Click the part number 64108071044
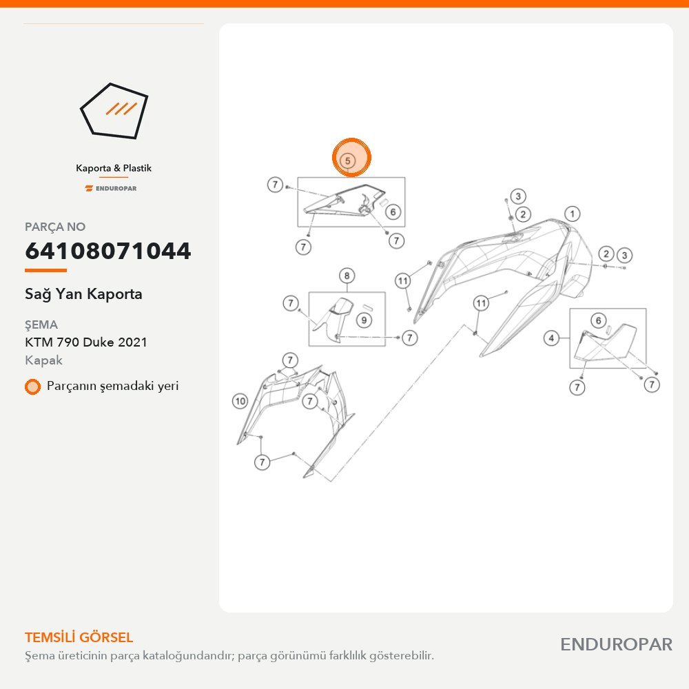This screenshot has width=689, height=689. click(107, 251)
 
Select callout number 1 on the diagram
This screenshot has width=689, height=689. click(572, 214)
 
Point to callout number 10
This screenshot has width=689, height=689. click(240, 401)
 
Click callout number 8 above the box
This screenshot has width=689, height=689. click(347, 276)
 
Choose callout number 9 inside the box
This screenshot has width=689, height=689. click(364, 320)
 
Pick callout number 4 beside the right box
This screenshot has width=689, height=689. click(551, 338)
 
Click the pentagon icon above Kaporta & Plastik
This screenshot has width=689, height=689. click(114, 111)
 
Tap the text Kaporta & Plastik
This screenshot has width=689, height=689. click(114, 168)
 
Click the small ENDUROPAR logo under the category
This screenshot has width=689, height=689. click(111, 189)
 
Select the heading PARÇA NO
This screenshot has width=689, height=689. click(55, 227)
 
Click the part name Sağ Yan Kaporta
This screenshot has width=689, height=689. click(83, 294)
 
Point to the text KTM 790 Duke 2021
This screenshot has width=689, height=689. click(86, 342)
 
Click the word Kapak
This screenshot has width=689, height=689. click(43, 360)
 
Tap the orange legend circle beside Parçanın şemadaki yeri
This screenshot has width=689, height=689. click(32, 387)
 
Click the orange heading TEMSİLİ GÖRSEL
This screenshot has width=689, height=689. click(79, 637)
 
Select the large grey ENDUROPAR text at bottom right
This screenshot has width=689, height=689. click(616, 645)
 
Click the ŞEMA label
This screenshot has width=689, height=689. click(41, 325)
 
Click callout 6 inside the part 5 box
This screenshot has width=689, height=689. click(393, 212)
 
